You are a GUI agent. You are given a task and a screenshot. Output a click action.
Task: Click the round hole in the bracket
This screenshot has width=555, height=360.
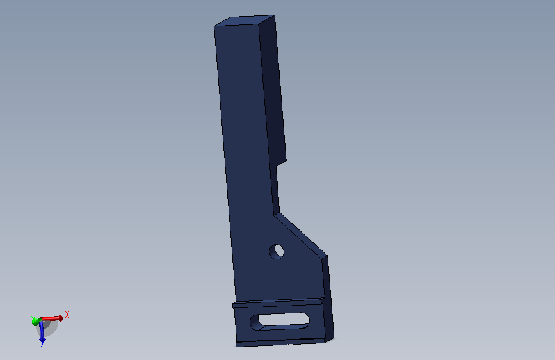(x=277, y=252)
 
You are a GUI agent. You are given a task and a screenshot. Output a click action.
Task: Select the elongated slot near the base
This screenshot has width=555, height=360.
(x=280, y=322)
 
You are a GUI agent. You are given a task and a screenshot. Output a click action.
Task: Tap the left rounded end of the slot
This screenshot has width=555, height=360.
(x=255, y=322)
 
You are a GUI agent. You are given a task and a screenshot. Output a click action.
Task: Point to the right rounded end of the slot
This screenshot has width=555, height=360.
(x=305, y=320)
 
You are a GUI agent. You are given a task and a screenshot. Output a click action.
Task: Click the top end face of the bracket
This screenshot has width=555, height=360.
(x=245, y=20)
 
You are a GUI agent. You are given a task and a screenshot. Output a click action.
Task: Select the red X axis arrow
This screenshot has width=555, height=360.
(x=52, y=318)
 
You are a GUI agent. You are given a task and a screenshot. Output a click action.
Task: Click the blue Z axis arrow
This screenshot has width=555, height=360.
(x=42, y=332)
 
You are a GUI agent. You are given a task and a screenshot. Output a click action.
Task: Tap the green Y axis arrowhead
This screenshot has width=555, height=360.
(x=35, y=322)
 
